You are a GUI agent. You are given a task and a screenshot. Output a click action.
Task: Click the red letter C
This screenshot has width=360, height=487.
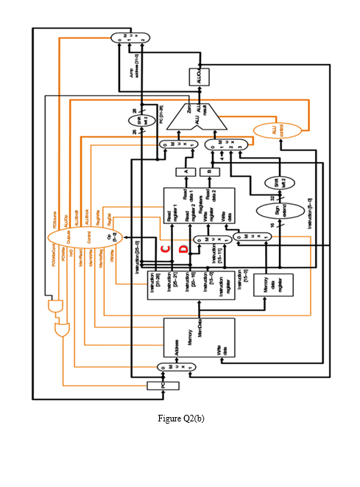pos(166,249)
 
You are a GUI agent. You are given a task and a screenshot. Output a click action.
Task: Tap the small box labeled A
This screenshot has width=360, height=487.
pos(182,172)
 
